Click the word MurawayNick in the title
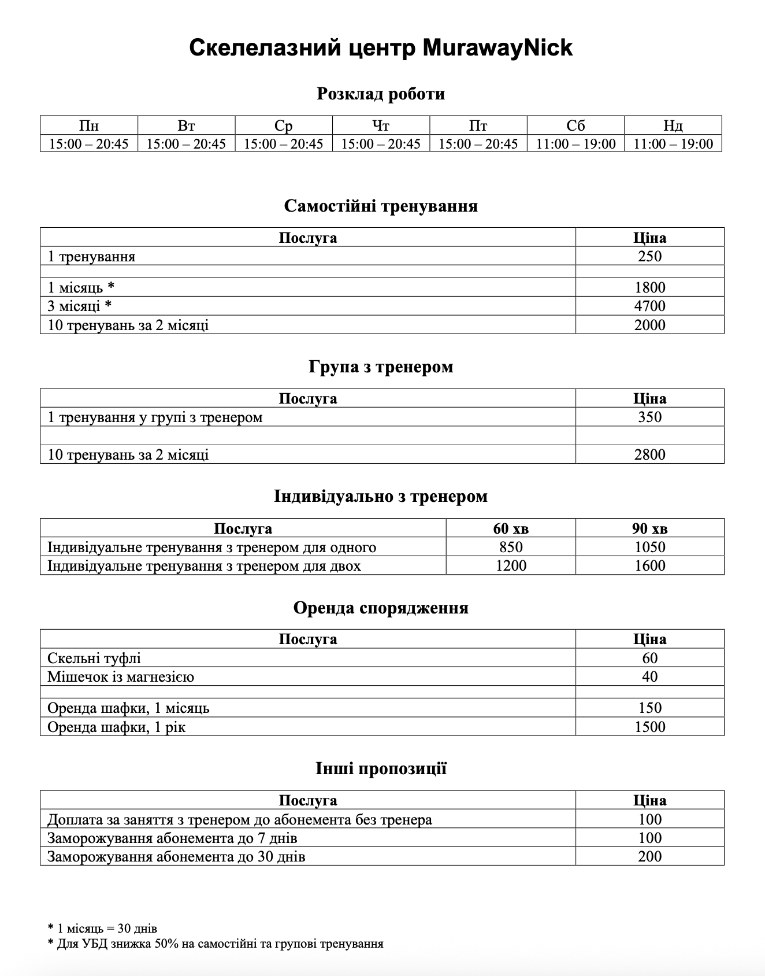(497, 47)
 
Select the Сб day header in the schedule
(575, 125)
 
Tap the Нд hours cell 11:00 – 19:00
(673, 143)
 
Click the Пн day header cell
(88, 125)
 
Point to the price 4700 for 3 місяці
(649, 306)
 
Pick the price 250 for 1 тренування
(649, 256)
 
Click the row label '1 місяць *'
(81, 287)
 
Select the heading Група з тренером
(381, 367)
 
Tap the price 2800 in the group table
(649, 454)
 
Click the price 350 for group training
(649, 417)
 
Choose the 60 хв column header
(511, 528)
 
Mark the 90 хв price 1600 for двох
(649, 565)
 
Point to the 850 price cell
(511, 547)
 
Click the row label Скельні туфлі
(94, 658)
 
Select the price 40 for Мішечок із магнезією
(649, 676)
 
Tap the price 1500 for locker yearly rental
(649, 727)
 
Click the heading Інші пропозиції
(381, 768)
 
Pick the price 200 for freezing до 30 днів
(649, 856)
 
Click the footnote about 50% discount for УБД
(216, 944)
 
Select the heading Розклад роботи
(381, 94)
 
